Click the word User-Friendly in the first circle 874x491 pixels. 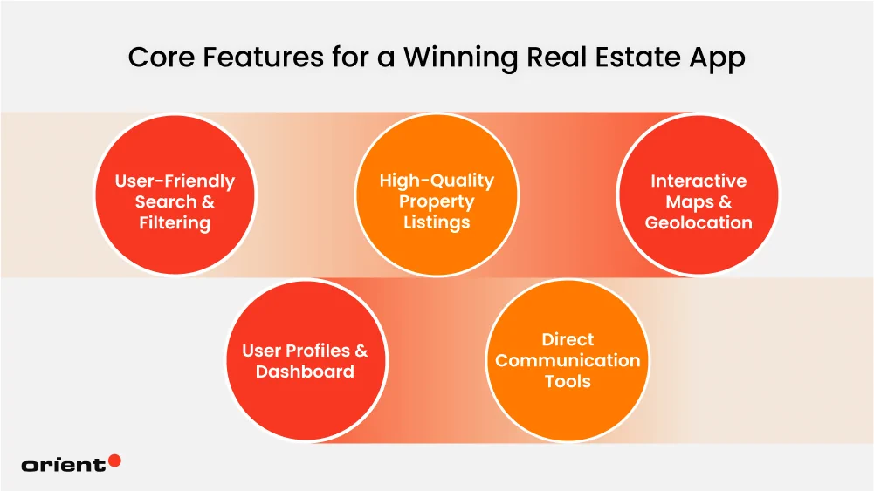(x=175, y=181)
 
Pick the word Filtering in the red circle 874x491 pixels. (x=175, y=223)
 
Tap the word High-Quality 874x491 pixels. (x=437, y=181)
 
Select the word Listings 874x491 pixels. (x=437, y=223)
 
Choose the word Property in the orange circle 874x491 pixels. (x=437, y=202)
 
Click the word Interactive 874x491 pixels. (x=699, y=181)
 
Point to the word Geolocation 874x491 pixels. (x=699, y=223)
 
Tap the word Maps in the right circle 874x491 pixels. (x=689, y=202)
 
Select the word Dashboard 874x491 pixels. (x=305, y=372)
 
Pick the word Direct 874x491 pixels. (x=568, y=339)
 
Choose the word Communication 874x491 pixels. (x=568, y=360)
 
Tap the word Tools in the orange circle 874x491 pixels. (x=568, y=382)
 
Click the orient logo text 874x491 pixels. (x=63, y=465)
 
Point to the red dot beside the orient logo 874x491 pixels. (x=114, y=460)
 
